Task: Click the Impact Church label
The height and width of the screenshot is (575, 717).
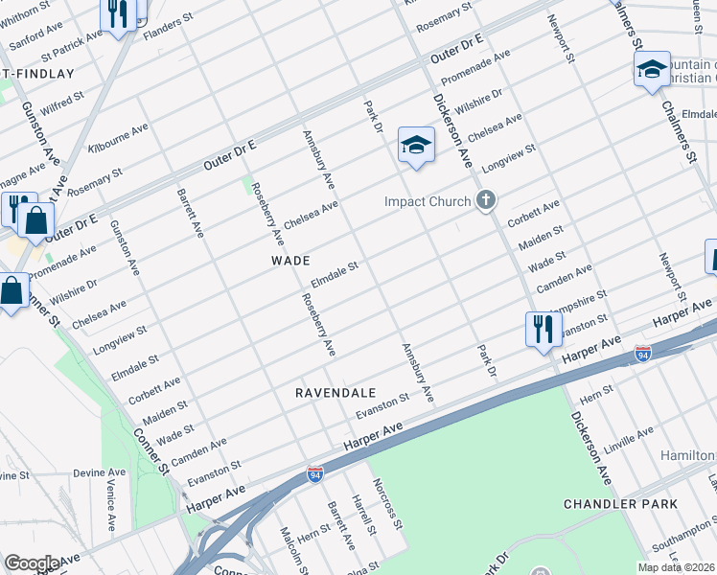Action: point(428,201)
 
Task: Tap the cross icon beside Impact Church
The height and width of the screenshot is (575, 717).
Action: point(486,200)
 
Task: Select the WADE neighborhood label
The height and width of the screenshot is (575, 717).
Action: point(290,261)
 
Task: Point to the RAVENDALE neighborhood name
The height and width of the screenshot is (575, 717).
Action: point(333,393)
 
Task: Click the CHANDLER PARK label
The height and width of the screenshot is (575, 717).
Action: point(620,504)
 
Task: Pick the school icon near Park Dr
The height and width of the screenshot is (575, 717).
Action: point(417,145)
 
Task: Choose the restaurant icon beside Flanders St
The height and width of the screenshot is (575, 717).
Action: point(118,14)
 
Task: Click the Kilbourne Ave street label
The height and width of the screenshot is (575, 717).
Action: point(118,138)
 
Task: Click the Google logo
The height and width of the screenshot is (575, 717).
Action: point(31,563)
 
